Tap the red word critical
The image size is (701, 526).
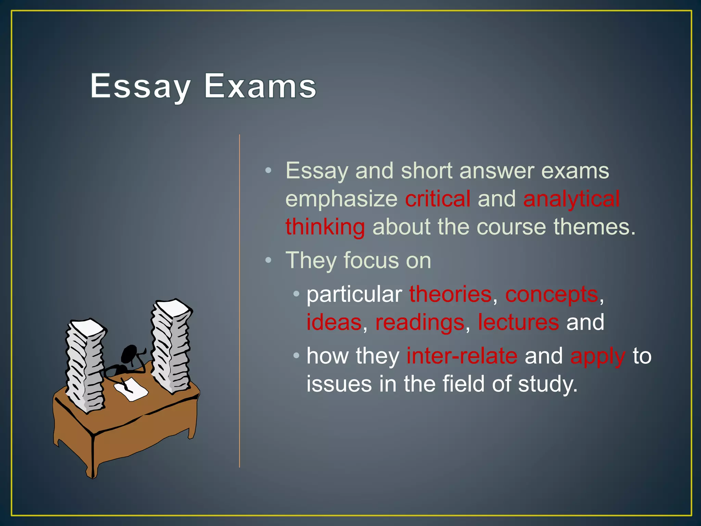pos(438,199)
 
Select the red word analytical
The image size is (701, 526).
pos(571,199)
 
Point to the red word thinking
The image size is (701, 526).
pos(325,227)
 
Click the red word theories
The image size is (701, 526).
pos(450,294)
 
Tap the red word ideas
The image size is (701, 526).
pos(334,322)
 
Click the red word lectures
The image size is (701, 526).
pos(518,322)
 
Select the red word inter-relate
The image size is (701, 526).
pos(462,356)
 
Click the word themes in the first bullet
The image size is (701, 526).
pos(594,227)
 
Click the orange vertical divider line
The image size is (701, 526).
pos(240,301)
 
